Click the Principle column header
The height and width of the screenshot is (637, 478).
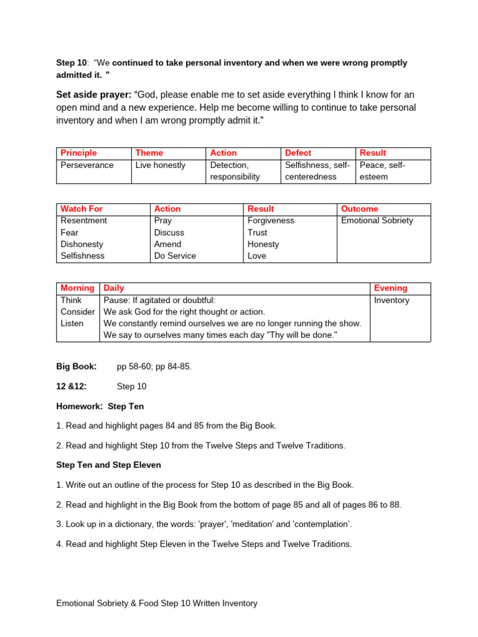[79, 153]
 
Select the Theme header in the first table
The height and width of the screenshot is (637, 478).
[149, 153]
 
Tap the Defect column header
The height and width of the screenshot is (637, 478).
[298, 153]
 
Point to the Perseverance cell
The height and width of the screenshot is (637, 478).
[87, 165]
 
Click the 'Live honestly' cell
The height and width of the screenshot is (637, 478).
[161, 165]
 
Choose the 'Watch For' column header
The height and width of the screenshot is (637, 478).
[82, 209]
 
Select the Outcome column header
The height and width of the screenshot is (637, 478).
[360, 209]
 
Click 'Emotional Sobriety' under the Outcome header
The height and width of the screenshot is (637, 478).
[377, 221]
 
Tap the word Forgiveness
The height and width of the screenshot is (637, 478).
[271, 221]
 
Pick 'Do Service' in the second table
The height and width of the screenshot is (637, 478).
[175, 256]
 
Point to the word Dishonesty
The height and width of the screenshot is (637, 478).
[82, 244]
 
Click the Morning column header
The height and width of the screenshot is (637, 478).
[77, 288]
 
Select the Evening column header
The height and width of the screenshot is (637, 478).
[391, 288]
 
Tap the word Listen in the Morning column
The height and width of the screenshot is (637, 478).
[72, 323]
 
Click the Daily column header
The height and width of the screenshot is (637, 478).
[114, 288]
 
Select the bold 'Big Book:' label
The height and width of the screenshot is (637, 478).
[77, 366]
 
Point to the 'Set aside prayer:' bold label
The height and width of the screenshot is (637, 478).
[94, 95]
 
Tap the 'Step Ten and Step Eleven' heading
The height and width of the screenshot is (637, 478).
[109, 465]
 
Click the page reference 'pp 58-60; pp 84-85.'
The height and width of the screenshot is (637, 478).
[154, 366]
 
